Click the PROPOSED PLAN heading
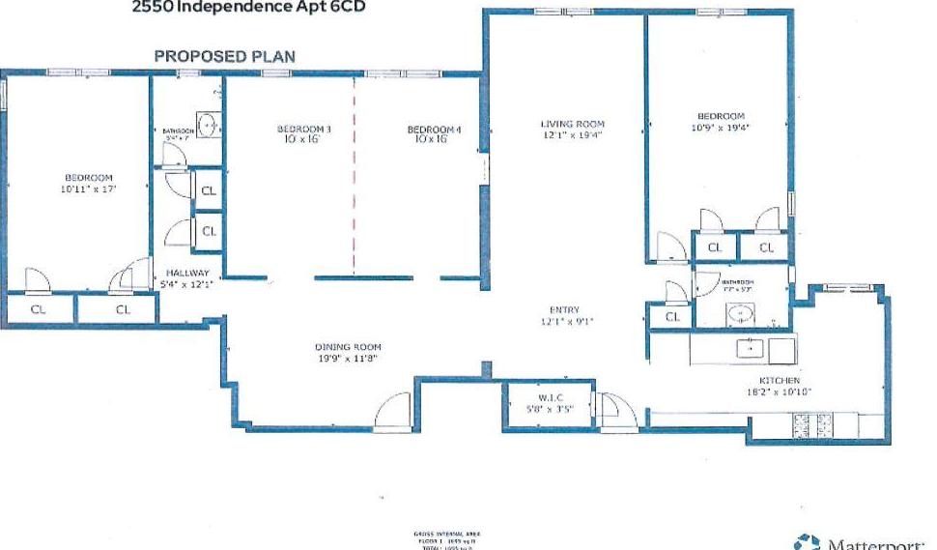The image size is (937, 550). point(225,57)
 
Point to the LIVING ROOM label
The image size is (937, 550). point(572,124)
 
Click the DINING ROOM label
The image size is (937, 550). point(348,347)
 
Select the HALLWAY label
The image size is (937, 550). point(181,274)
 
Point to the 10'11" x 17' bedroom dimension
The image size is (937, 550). point(89,190)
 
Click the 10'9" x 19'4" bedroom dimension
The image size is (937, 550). point(721,127)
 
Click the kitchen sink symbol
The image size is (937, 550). point(750,348)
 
